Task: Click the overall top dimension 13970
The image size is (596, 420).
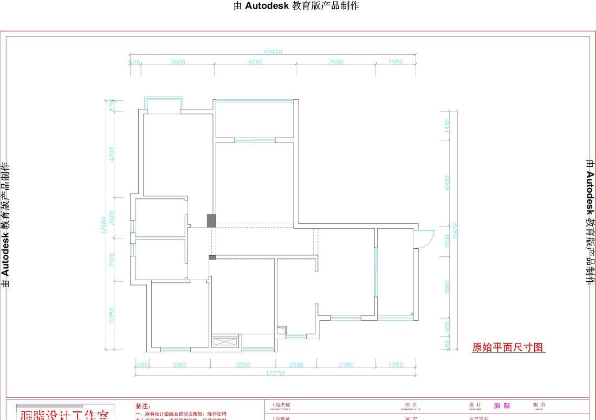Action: click(x=273, y=53)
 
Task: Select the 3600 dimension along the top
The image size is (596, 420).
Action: click(x=178, y=62)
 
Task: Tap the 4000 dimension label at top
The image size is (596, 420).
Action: click(x=255, y=62)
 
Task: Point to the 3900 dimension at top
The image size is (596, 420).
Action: click(x=336, y=62)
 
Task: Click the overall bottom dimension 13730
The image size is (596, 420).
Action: click(x=275, y=373)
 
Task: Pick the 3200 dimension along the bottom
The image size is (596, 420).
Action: click(x=243, y=365)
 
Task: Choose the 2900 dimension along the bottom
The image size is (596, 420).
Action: click(x=346, y=365)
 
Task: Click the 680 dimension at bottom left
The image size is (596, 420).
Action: click(x=141, y=365)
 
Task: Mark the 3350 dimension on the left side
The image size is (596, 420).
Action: click(x=112, y=315)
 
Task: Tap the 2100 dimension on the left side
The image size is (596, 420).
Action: click(x=112, y=259)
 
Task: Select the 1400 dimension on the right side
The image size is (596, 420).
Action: click(x=447, y=125)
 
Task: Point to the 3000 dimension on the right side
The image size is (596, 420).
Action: click(x=447, y=287)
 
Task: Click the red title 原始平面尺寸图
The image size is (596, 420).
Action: click(x=508, y=347)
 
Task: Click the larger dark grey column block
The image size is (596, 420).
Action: click(x=211, y=221)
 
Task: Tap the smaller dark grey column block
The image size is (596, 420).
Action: click(x=212, y=257)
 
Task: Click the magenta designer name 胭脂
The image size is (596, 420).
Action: click(x=502, y=406)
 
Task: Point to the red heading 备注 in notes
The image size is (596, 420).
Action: click(x=143, y=406)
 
